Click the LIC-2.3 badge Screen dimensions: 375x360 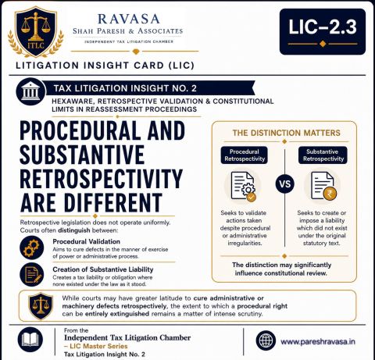coord(323,32)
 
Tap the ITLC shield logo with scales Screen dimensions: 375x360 coord(36,33)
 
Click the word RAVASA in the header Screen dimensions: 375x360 coord(129,19)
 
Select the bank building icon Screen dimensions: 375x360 coord(30,91)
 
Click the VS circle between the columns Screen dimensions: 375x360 coord(285,184)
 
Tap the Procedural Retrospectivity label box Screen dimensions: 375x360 coord(245,155)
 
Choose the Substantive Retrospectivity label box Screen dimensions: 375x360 coord(323,155)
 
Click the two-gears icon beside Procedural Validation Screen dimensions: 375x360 coord(31,248)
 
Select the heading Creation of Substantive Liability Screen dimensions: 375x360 coord(103,269)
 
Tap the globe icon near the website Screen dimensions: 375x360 coord(266,340)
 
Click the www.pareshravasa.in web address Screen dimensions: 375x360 coord(318,341)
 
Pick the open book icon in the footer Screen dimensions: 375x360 coord(30,340)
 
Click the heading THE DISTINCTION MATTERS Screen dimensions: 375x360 coord(287,133)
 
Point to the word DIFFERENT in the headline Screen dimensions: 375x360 coord(113,202)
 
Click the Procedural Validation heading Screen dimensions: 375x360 coord(86,241)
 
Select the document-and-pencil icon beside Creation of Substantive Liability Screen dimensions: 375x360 coord(31,275)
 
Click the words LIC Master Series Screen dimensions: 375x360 coord(98,346)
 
